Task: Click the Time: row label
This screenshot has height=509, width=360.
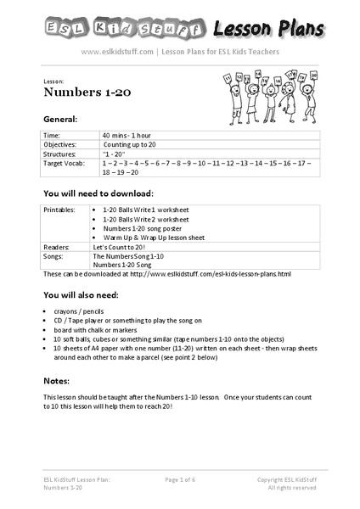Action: (x=53, y=135)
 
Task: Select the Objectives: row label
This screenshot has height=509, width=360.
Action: (x=61, y=143)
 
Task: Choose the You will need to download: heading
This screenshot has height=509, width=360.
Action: (x=100, y=193)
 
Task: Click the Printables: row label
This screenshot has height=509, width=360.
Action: (x=60, y=208)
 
